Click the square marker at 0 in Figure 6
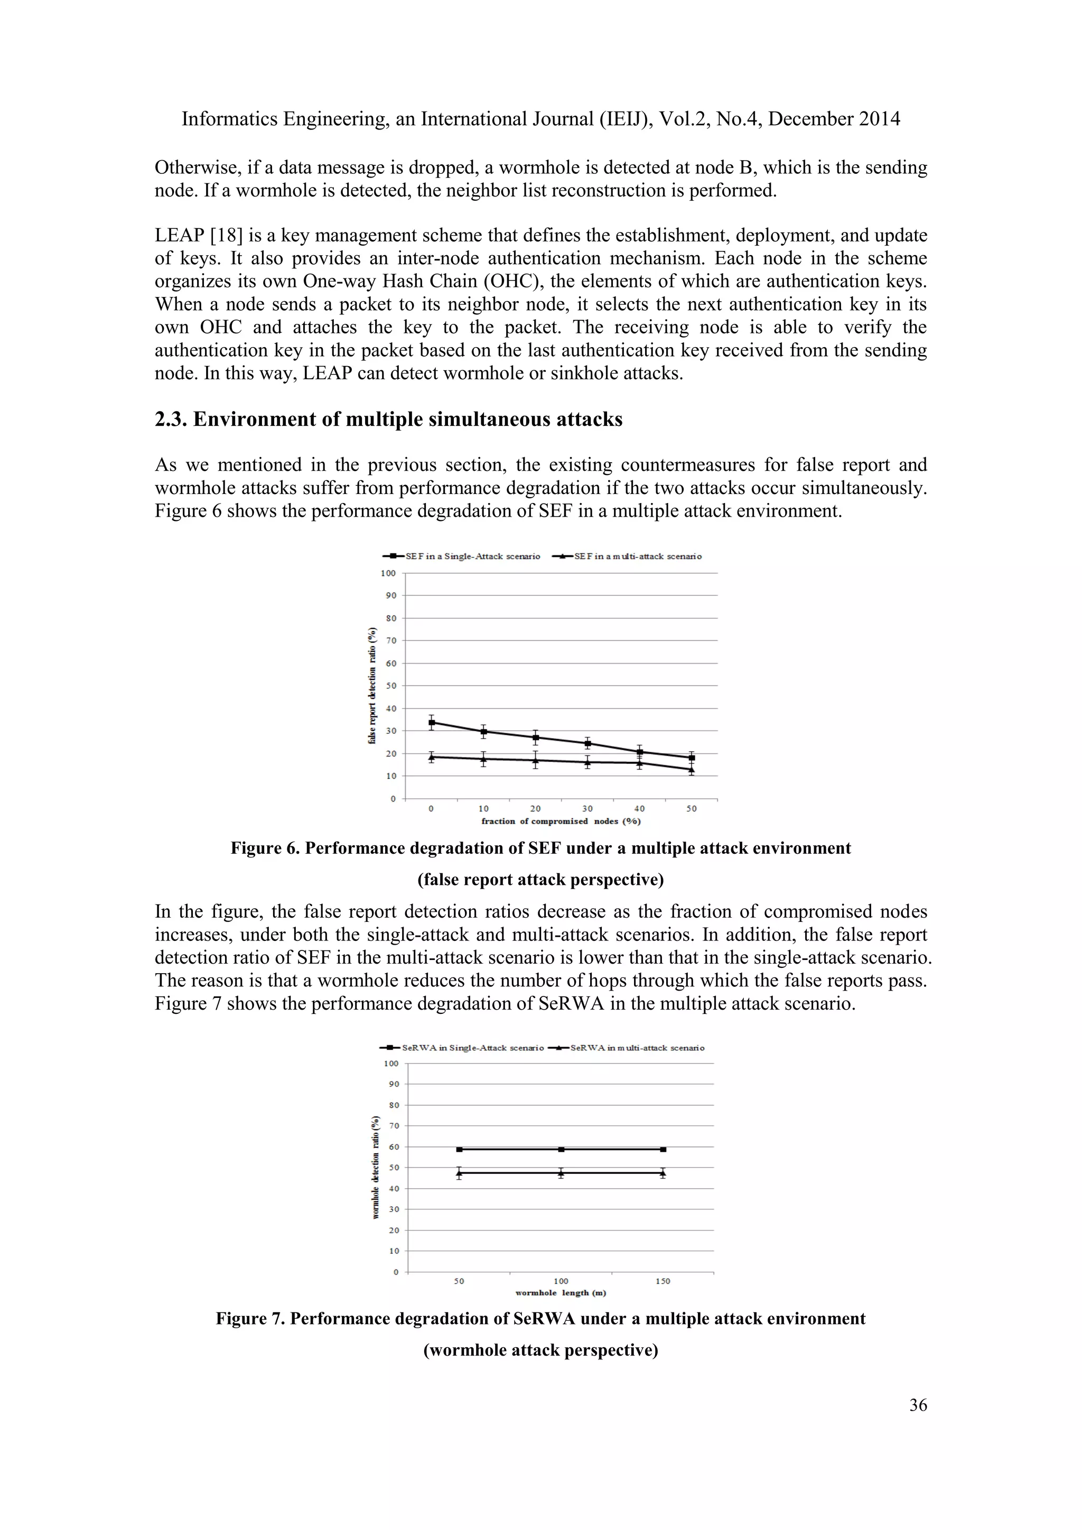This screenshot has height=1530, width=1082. tap(432, 722)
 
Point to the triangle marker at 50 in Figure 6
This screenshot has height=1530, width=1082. tap(692, 770)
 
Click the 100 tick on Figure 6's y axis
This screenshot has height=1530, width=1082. tap(388, 573)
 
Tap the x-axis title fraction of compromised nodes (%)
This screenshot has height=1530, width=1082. tap(561, 821)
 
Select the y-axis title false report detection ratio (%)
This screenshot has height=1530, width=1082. tap(372, 686)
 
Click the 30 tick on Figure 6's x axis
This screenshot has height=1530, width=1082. tap(587, 808)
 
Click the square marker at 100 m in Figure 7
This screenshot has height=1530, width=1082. tap(561, 1149)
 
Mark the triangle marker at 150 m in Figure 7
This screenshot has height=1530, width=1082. tap(663, 1173)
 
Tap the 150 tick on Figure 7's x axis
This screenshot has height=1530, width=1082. tap(663, 1281)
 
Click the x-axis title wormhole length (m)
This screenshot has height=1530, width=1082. tap(561, 1293)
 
